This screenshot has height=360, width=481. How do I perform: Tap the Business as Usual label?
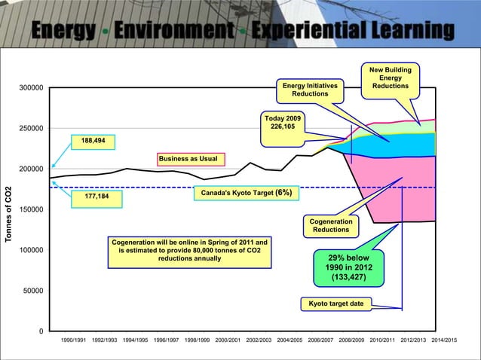[x=188, y=158]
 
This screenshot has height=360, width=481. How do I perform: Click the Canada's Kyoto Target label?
[x=247, y=193]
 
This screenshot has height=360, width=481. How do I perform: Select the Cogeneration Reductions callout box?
[x=331, y=225]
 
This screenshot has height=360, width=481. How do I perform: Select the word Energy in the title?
[x=64, y=30]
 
